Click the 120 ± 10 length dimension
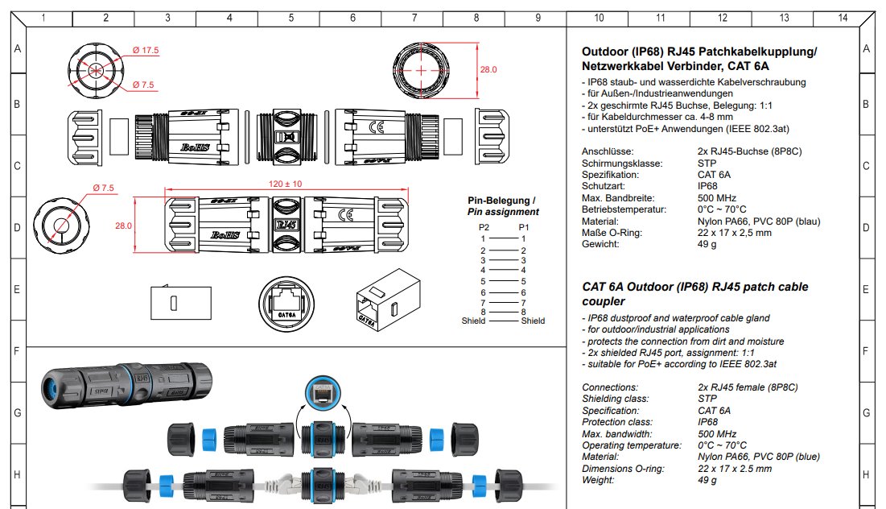[286, 184]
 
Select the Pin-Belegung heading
[501, 200]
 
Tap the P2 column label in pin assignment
[484, 228]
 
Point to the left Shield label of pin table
[473, 321]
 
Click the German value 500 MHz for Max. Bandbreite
[715, 197]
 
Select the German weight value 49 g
[708, 244]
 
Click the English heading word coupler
[603, 301]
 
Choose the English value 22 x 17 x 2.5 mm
[735, 469]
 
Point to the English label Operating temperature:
[632, 445]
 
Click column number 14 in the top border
[843, 17]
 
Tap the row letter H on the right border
[866, 475]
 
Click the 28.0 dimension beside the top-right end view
[488, 70]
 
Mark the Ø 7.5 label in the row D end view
[104, 188]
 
